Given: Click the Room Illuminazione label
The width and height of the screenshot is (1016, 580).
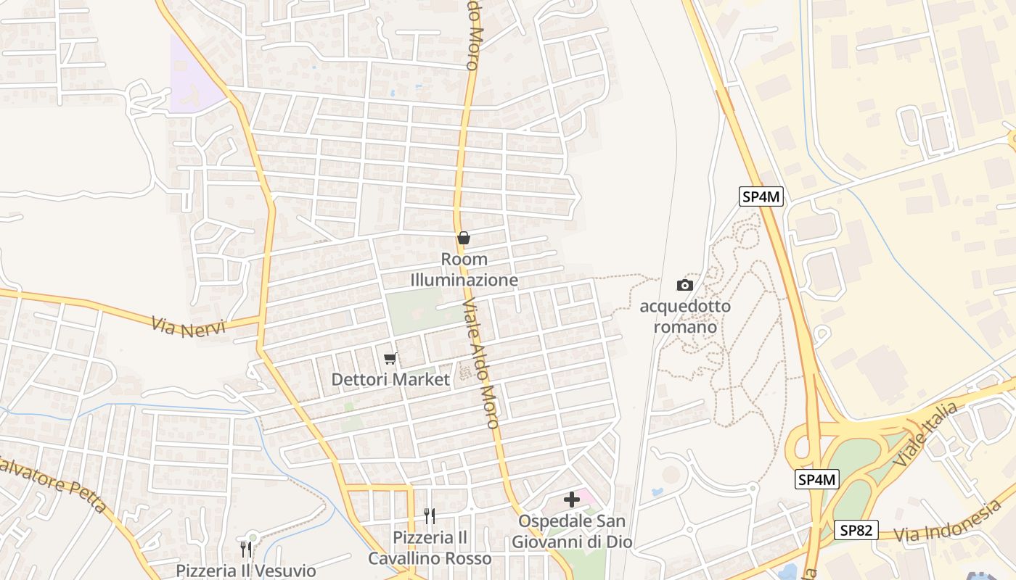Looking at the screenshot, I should [464, 270].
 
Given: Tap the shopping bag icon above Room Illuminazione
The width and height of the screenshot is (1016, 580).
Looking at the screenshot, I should [464, 238].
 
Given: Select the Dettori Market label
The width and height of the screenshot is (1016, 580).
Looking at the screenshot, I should [390, 379].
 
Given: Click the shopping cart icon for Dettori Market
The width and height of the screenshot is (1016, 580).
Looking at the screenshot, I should [390, 358].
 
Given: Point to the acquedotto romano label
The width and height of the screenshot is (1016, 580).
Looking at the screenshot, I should [685, 317].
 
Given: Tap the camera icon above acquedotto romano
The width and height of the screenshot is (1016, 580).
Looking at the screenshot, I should [685, 285].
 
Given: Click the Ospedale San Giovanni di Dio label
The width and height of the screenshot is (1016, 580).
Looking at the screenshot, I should [572, 531].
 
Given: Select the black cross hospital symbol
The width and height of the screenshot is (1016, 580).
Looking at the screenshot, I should [572, 499].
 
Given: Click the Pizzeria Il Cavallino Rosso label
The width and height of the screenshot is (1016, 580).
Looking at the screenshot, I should [430, 548].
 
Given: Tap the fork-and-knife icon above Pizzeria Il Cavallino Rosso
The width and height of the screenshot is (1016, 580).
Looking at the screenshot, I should [430, 515].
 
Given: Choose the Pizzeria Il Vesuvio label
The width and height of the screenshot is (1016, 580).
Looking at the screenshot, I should [246, 571].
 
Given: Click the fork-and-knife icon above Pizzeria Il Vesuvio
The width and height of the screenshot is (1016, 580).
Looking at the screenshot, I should [246, 548].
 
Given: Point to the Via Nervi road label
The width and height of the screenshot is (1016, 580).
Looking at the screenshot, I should [189, 324].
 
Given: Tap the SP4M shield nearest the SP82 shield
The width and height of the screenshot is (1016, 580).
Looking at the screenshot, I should [817, 479].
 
